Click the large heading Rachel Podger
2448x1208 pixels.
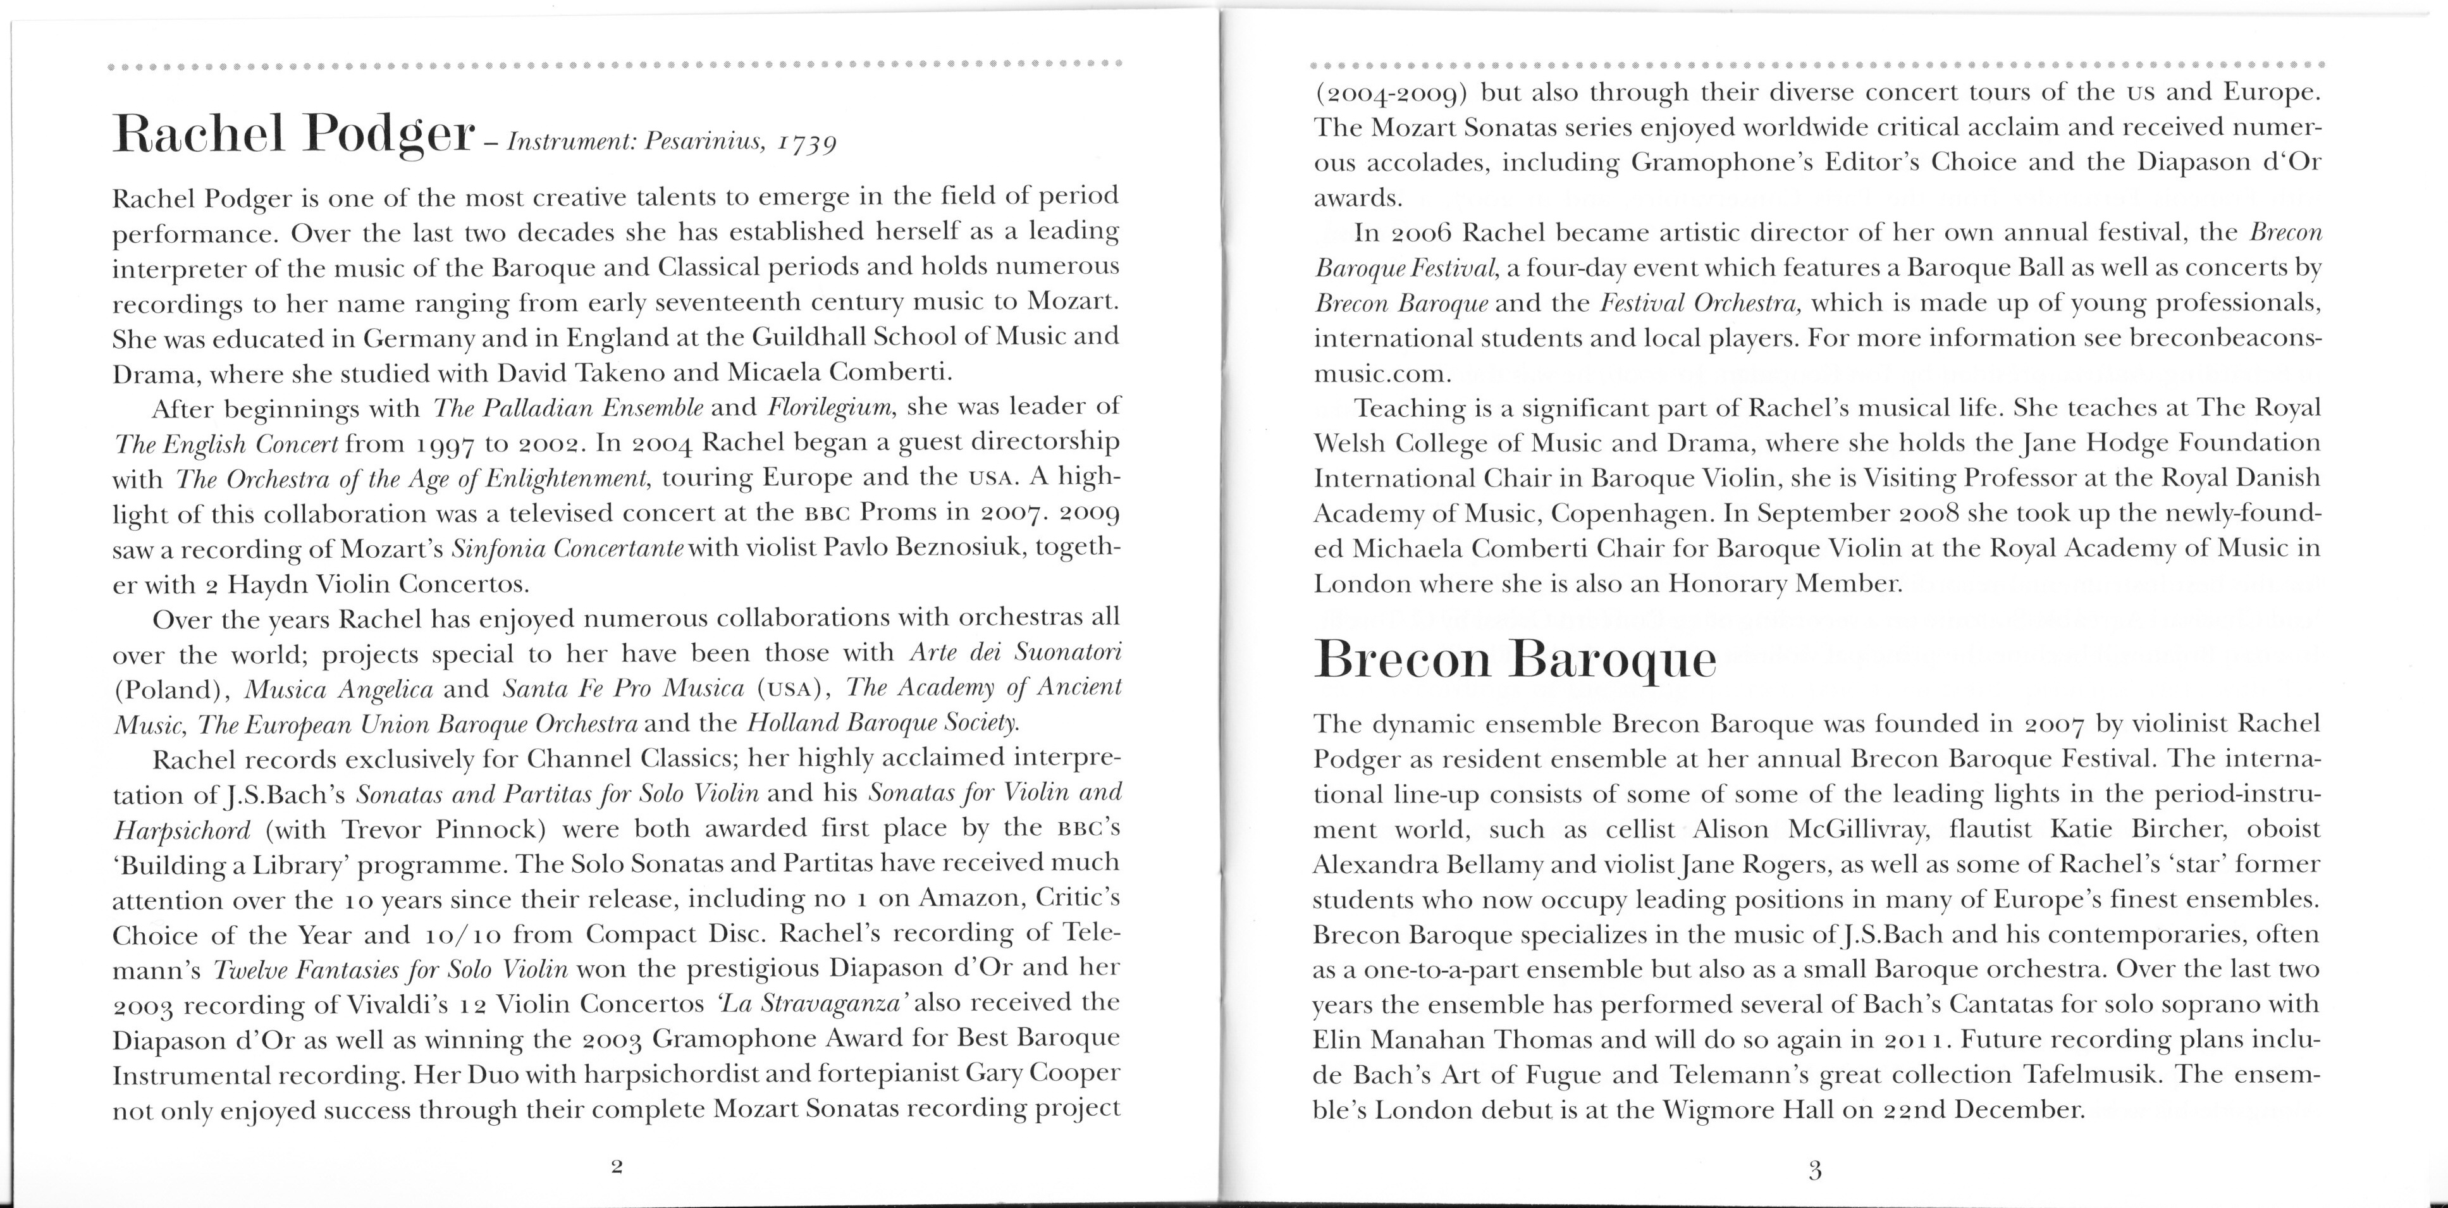point(293,135)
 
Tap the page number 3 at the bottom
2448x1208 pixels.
point(1814,1170)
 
